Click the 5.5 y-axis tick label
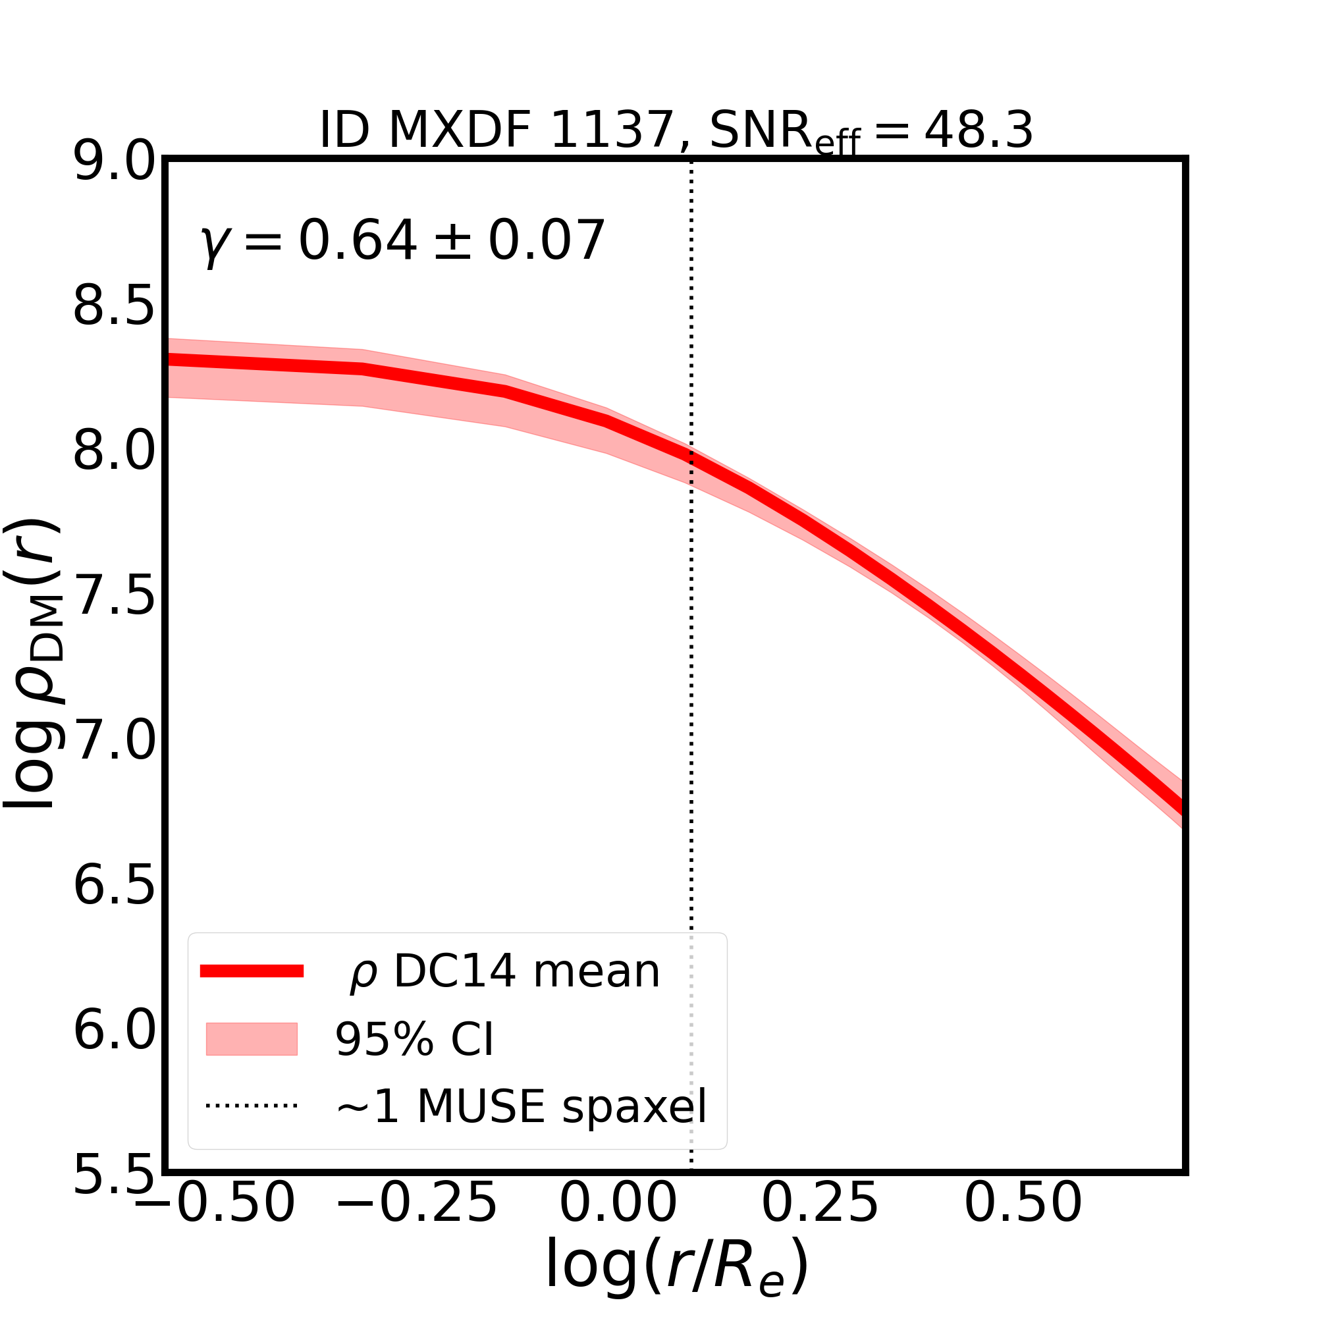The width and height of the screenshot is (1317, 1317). (x=115, y=1175)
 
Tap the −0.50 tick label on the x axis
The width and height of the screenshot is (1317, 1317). (x=215, y=1222)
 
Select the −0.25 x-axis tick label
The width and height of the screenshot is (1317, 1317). (x=417, y=1222)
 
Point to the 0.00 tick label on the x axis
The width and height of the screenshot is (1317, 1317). (x=618, y=1222)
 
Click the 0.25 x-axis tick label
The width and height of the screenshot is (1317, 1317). (x=820, y=1222)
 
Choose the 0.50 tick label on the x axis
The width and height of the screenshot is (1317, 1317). (x=1023, y=1222)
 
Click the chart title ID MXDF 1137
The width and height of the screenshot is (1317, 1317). (x=676, y=131)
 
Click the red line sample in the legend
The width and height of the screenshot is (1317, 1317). (x=252, y=971)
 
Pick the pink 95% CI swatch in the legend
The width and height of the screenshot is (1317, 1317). (x=252, y=1039)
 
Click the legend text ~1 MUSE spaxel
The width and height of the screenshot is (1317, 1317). (x=522, y=1106)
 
